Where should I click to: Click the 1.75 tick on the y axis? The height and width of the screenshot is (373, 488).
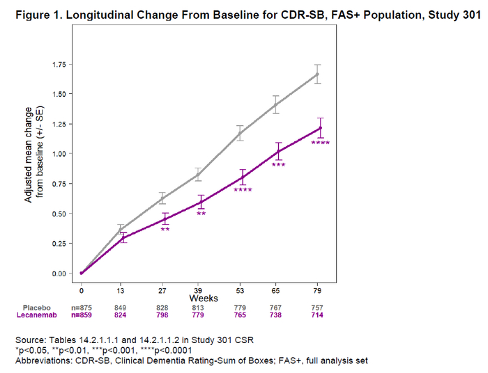(x=63, y=65)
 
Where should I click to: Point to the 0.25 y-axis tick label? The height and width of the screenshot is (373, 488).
(x=63, y=244)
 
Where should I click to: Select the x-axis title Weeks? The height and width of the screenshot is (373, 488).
(x=200, y=297)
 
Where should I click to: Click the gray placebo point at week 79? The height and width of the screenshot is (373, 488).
(x=318, y=74)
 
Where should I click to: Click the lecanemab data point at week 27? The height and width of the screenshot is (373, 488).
(x=165, y=219)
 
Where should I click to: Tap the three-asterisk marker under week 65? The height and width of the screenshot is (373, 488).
(x=279, y=166)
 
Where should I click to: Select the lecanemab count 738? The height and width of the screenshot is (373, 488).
(x=279, y=315)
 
